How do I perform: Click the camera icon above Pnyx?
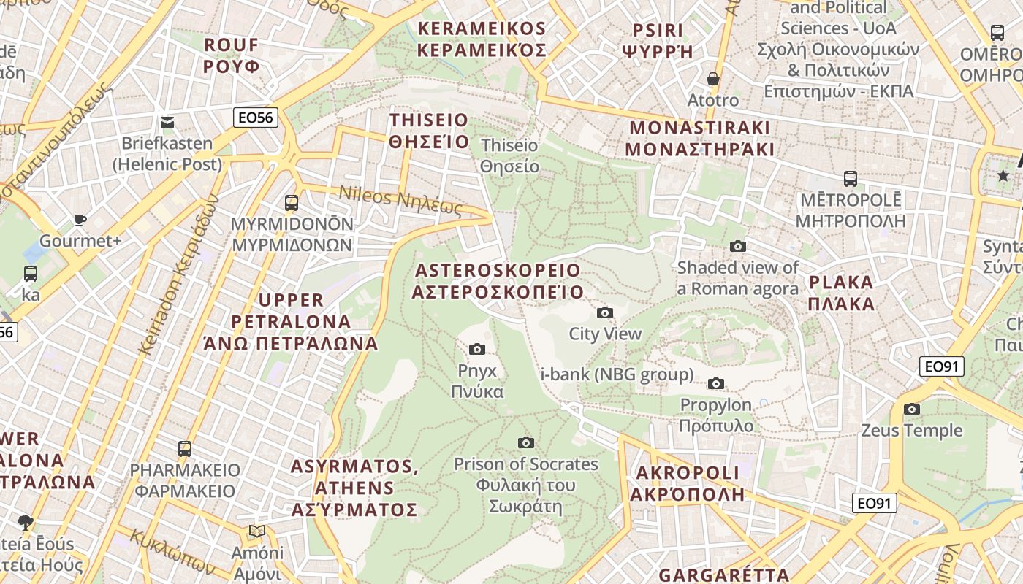(x=477, y=349)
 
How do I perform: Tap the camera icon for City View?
(x=605, y=313)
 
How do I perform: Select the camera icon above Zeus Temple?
(x=911, y=409)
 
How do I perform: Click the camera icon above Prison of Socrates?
(x=525, y=442)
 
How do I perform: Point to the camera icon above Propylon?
(x=716, y=383)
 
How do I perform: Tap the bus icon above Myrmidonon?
(x=292, y=202)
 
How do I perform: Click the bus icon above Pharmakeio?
(x=185, y=448)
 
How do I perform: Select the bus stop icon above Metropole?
(x=850, y=179)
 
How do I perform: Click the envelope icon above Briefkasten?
(x=167, y=122)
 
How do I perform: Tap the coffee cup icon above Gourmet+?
(x=80, y=220)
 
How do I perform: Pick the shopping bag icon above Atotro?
(x=713, y=78)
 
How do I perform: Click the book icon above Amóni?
(x=256, y=531)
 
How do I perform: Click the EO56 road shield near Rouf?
(x=256, y=117)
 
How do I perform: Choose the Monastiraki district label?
(x=701, y=138)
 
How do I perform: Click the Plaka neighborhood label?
(x=842, y=293)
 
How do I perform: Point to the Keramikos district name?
(x=482, y=39)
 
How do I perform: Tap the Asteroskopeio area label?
(x=498, y=281)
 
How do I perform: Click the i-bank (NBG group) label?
(x=617, y=375)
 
